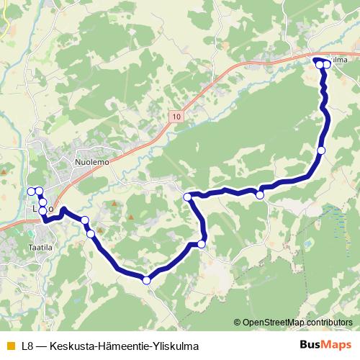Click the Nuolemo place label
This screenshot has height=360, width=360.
[91, 163]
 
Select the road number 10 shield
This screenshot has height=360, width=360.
[178, 115]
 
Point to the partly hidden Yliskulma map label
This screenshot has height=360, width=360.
[341, 60]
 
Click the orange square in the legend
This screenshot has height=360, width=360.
[9, 345]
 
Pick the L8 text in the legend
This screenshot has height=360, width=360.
[28, 345]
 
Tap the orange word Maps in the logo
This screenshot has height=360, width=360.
[337, 344]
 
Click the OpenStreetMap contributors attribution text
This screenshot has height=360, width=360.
[300, 323]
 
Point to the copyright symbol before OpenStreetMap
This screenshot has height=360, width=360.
[238, 323]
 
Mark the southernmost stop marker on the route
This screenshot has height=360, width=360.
[147, 280]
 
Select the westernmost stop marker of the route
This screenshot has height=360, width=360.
[30, 191]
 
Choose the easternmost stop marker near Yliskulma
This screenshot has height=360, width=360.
[327, 65]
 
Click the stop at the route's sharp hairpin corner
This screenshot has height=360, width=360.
[187, 197]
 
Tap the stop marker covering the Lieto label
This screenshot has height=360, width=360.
[42, 210]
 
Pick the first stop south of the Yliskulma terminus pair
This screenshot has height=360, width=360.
[321, 150]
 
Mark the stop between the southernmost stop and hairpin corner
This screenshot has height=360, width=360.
[201, 244]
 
